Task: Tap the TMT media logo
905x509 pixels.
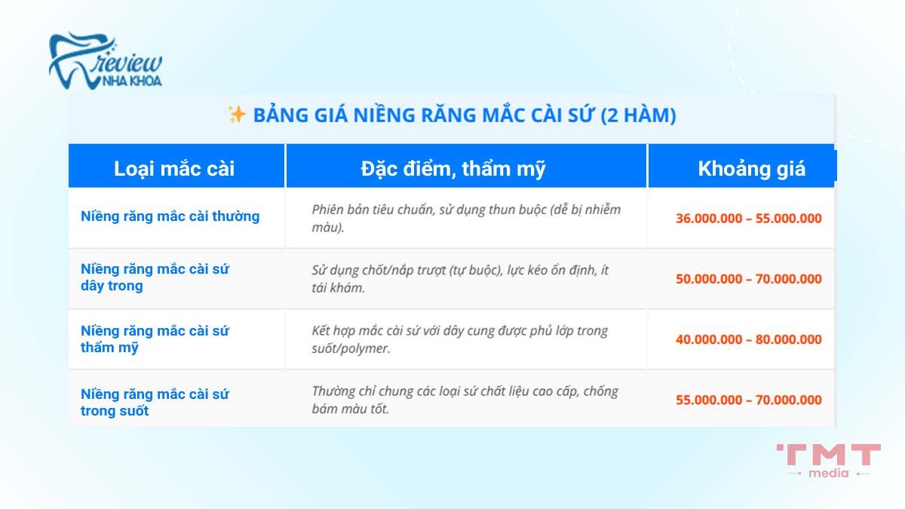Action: tap(828, 460)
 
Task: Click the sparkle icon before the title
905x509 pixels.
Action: tap(237, 115)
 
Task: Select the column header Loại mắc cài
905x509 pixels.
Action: tap(174, 168)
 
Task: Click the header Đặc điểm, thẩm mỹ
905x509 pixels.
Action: tap(452, 168)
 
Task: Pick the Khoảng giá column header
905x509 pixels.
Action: tap(751, 168)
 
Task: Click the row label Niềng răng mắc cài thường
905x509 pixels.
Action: tap(170, 216)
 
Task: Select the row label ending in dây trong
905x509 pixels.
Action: tap(155, 277)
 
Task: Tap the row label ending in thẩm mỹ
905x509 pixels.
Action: tap(155, 339)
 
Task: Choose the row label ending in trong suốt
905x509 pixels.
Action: tap(155, 402)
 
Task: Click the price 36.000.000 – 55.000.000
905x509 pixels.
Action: tap(748, 219)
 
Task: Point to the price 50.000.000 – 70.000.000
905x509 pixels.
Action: tap(748, 279)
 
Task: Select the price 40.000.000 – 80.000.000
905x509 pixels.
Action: tap(748, 339)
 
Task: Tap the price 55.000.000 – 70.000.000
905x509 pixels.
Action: tap(748, 400)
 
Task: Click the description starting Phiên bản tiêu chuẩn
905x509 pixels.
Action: tap(466, 217)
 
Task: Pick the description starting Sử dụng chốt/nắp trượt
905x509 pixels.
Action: tap(460, 278)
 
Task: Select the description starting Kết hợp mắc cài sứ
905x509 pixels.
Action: tap(459, 339)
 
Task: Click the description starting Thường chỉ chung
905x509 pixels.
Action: tap(465, 400)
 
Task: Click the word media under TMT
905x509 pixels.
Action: tap(828, 473)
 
